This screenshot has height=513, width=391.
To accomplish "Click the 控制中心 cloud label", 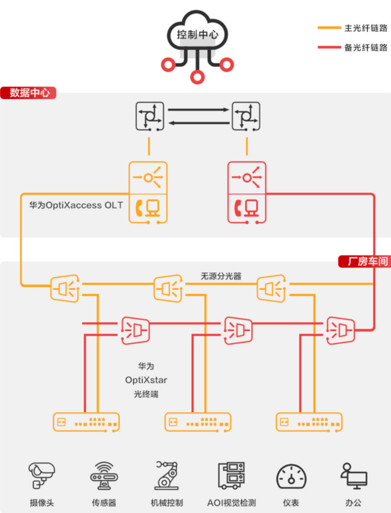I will point(197,34).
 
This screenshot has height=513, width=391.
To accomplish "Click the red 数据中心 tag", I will point(29,93).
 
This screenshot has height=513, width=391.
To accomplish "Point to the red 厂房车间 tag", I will point(364,262).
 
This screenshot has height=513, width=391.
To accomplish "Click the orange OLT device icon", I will point(148,192).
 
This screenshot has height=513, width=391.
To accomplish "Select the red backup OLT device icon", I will point(246,192).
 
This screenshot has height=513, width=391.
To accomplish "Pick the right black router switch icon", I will point(247,117).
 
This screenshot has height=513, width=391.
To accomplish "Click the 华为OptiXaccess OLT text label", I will point(76,205).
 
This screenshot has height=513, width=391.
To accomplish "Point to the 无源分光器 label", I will point(221,276).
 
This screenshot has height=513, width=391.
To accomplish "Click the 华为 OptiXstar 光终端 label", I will point(146,380).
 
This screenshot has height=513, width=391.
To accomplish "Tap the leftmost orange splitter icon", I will point(64,288).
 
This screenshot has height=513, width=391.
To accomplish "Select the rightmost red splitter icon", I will point(339,329).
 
